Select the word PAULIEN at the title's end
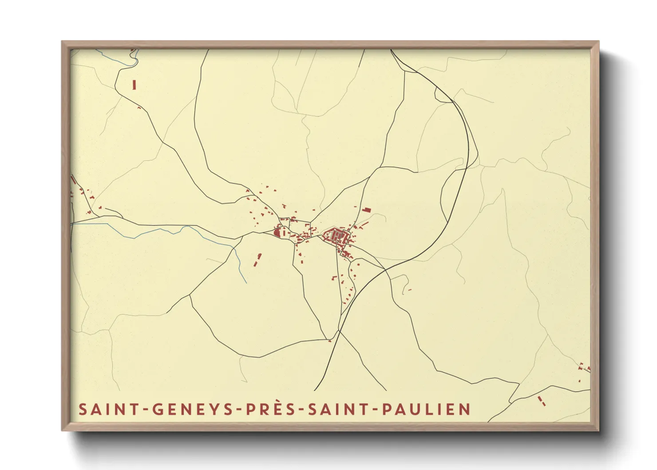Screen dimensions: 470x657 click(426, 409)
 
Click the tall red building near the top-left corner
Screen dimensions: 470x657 click(134, 84)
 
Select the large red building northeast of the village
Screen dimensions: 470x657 click(367, 210)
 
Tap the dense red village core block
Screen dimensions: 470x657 click(337, 234)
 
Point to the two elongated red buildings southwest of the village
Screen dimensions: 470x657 click(257, 260)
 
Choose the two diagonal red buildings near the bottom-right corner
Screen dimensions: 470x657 click(541, 401)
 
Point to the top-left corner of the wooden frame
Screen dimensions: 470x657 click(63, 42)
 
